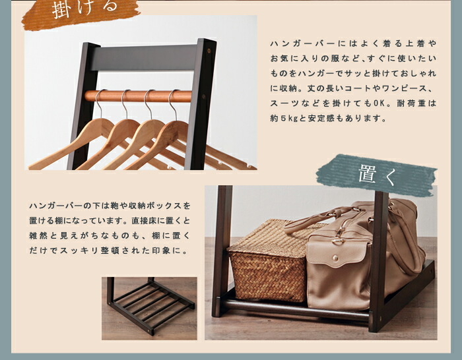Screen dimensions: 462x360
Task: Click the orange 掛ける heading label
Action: click(81, 14)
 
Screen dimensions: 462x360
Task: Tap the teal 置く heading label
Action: click(377, 175)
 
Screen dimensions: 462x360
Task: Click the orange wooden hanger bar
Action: click(138, 96)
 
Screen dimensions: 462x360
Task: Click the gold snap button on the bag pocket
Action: click(335, 258)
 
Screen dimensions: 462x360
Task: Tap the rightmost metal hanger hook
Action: click(174, 104)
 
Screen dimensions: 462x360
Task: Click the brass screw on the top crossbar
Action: click(209, 51)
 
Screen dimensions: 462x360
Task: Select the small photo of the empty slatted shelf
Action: click(149, 308)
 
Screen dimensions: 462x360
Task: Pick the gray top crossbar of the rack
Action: click(144, 57)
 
